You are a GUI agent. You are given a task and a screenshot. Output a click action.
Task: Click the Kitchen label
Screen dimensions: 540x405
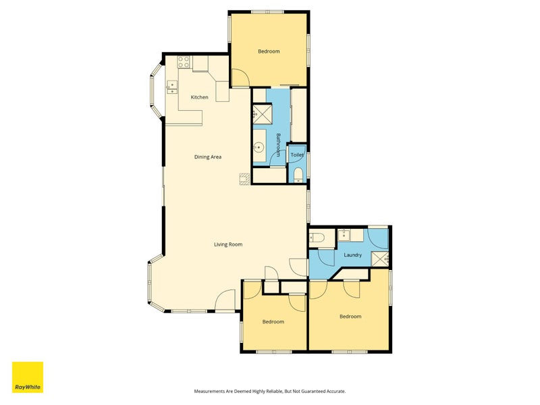[x=199, y=97]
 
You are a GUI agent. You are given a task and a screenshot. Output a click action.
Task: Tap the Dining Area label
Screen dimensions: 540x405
[x=208, y=157]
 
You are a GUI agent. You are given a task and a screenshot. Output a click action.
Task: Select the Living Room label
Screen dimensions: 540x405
[x=228, y=244]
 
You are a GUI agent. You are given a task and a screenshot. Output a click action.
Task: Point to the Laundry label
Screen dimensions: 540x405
[x=352, y=255]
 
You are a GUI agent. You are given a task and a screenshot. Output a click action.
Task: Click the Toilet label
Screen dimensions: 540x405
[x=297, y=155]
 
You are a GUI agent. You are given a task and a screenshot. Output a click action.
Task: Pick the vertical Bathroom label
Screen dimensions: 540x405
[x=278, y=145]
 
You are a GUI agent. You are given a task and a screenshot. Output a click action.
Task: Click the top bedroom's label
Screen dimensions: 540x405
[x=269, y=51]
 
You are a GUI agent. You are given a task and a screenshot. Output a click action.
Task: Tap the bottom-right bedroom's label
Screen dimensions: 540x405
[x=350, y=317]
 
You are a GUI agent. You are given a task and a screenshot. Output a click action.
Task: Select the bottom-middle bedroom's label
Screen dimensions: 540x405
[x=273, y=322]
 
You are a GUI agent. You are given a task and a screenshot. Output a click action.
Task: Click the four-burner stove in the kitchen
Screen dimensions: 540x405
[x=183, y=62]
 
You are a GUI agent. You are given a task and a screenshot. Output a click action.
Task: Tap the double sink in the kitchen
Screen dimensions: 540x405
[x=171, y=88]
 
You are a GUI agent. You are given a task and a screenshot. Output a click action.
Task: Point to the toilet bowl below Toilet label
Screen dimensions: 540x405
[x=298, y=175]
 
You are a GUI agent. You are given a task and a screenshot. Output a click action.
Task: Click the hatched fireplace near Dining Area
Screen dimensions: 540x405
[x=244, y=179]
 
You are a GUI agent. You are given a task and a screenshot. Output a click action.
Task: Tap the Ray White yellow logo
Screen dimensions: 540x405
[x=28, y=377]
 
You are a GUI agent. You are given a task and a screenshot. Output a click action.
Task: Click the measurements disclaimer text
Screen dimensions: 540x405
[x=269, y=391]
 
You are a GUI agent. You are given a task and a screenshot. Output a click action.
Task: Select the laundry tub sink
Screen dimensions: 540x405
[x=344, y=236]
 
